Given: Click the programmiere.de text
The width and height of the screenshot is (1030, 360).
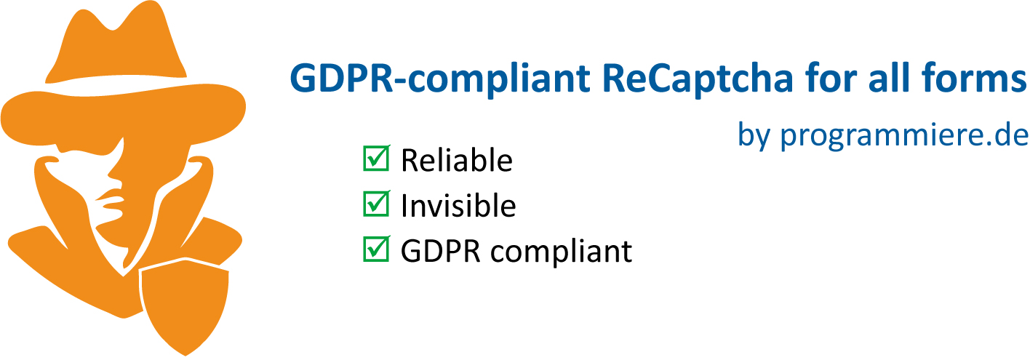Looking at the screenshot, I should pyautogui.click(x=904, y=136).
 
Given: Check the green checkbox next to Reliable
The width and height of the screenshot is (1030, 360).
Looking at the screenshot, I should pyautogui.click(x=375, y=159).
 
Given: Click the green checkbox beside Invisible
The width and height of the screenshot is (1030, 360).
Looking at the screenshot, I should pyautogui.click(x=375, y=205).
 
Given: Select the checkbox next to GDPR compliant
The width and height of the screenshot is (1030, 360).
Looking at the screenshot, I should pyautogui.click(x=375, y=250).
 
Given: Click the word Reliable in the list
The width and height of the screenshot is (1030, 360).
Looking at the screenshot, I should pyautogui.click(x=456, y=161).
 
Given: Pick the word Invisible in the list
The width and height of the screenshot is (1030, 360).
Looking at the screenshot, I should pyautogui.click(x=458, y=207).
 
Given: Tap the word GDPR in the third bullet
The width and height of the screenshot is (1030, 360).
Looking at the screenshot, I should pyautogui.click(x=441, y=252).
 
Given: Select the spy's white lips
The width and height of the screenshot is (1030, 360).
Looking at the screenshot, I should pyautogui.click(x=109, y=199).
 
